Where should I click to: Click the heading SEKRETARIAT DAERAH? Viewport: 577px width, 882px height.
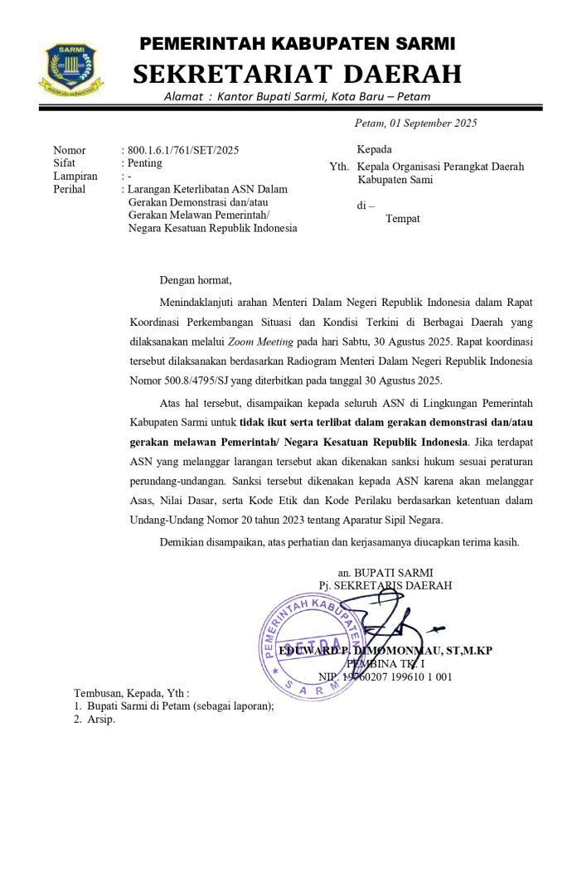297,74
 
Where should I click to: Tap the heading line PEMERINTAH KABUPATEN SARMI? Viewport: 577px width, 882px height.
297,43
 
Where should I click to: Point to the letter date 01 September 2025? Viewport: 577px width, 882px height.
434,124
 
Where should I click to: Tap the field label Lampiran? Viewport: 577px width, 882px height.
75,176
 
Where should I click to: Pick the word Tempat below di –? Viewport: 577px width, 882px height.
403,219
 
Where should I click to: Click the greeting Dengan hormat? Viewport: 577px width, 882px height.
196,279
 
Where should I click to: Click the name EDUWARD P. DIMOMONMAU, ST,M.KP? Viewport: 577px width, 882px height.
385,651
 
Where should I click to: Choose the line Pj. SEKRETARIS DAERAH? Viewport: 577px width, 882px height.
385,585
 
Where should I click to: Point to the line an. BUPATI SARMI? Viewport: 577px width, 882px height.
385,572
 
